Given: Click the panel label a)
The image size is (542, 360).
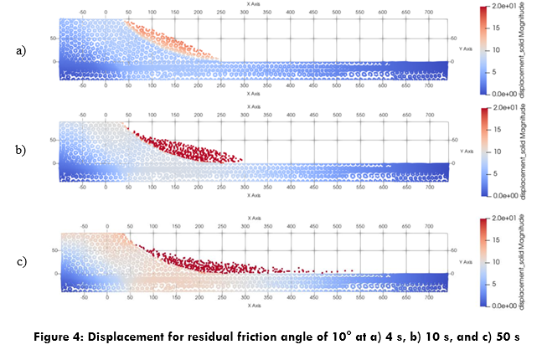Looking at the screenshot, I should coord(21,51).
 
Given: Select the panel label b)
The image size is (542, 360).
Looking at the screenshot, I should coord(21,151).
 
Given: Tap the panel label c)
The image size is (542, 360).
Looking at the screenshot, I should coord(21,262).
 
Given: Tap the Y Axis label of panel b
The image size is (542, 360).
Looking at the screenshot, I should coord(467,151).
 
